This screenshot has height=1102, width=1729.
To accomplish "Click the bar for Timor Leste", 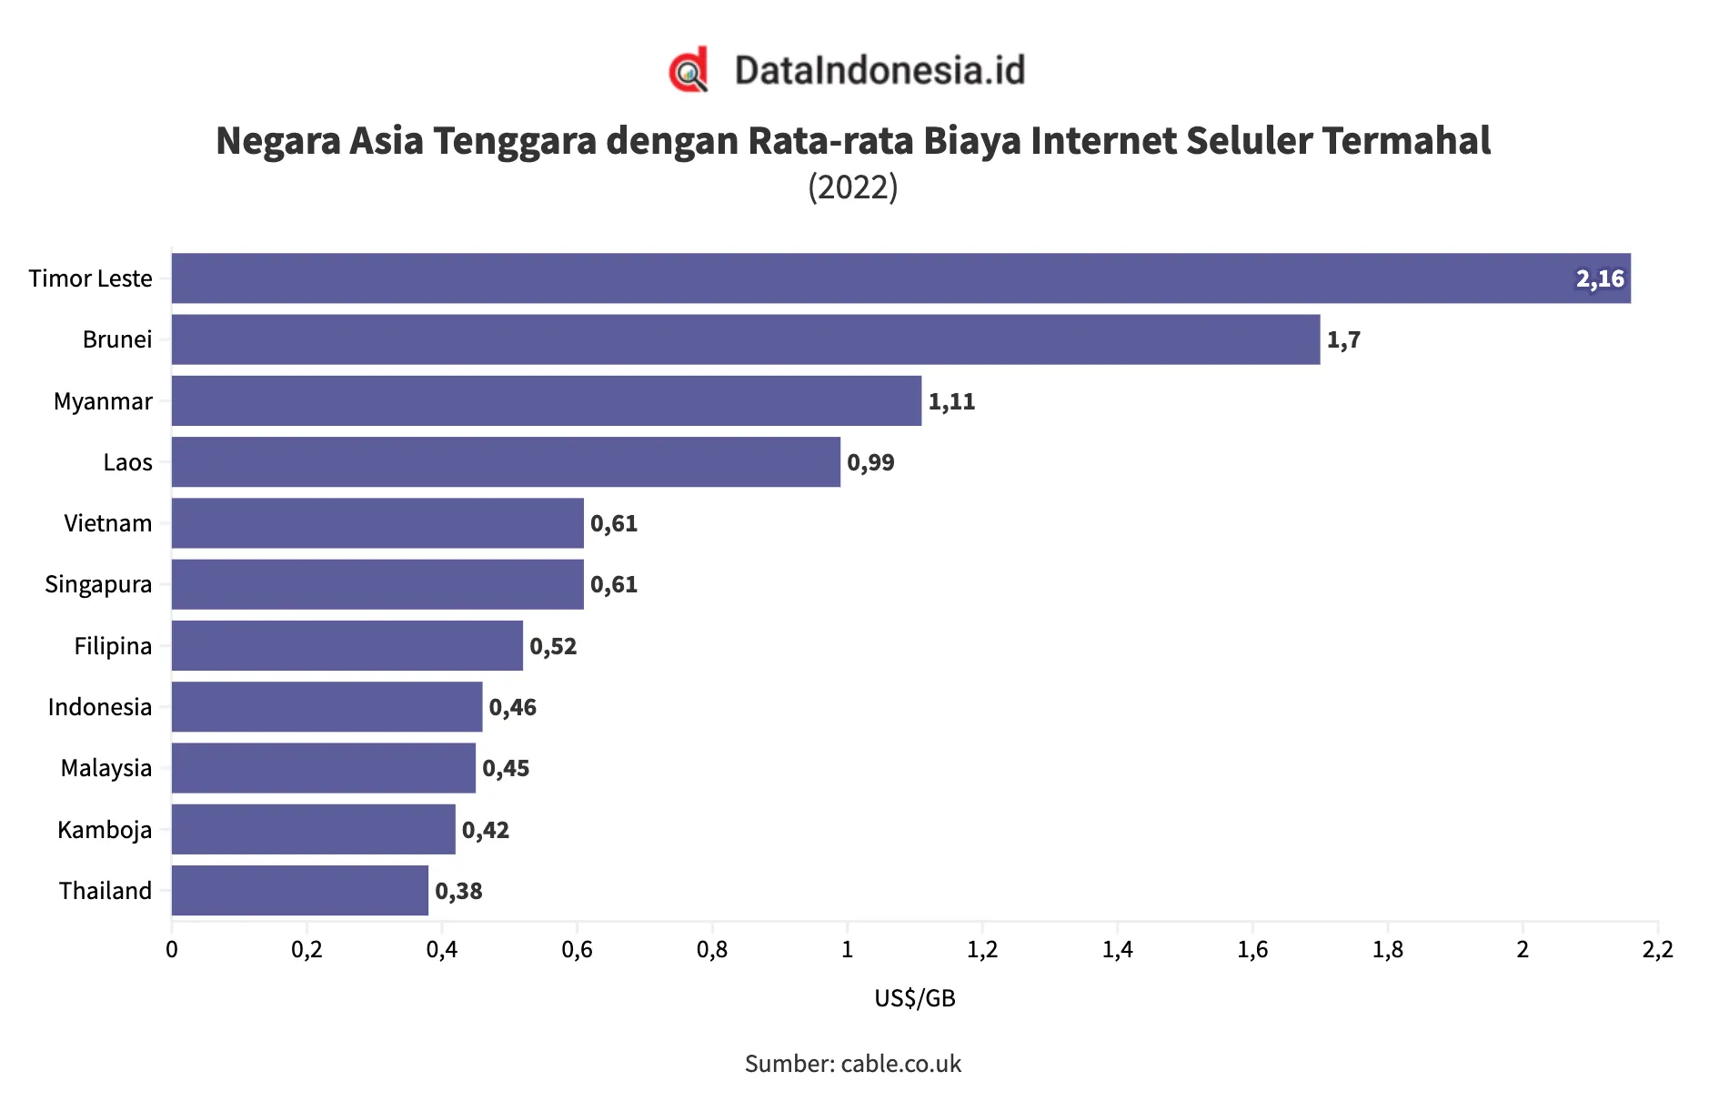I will point(900,278).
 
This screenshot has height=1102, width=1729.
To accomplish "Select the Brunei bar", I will point(746,339).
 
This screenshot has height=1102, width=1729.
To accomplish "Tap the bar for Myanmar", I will point(546,400).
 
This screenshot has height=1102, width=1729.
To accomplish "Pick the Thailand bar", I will point(300,890).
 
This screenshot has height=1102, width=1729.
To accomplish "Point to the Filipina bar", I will point(347,645).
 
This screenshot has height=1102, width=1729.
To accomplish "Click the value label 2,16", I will point(1600,278).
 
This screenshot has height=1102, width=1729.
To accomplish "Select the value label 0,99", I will point(870,462).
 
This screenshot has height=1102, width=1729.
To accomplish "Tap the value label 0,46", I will point(513,707).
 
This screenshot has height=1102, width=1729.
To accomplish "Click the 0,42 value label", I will point(486,830).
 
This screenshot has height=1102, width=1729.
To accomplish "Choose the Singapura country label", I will point(98,584).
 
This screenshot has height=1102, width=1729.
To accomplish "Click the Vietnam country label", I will point(107,523).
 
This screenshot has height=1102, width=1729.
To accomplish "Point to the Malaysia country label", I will point(106,768).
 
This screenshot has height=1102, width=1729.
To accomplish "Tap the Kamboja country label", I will point(105,830).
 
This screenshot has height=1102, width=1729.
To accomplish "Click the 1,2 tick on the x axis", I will point(982,950).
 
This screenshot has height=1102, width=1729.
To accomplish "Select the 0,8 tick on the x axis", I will point(712,950).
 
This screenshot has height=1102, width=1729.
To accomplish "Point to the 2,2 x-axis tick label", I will point(1657,950).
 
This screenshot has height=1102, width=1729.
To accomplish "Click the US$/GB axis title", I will point(915,998).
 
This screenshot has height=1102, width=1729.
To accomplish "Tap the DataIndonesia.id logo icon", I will point(689,70).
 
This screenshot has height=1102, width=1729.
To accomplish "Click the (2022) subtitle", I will point(853,187).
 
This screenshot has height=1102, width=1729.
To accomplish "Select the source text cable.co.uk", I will point(900,1064).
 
